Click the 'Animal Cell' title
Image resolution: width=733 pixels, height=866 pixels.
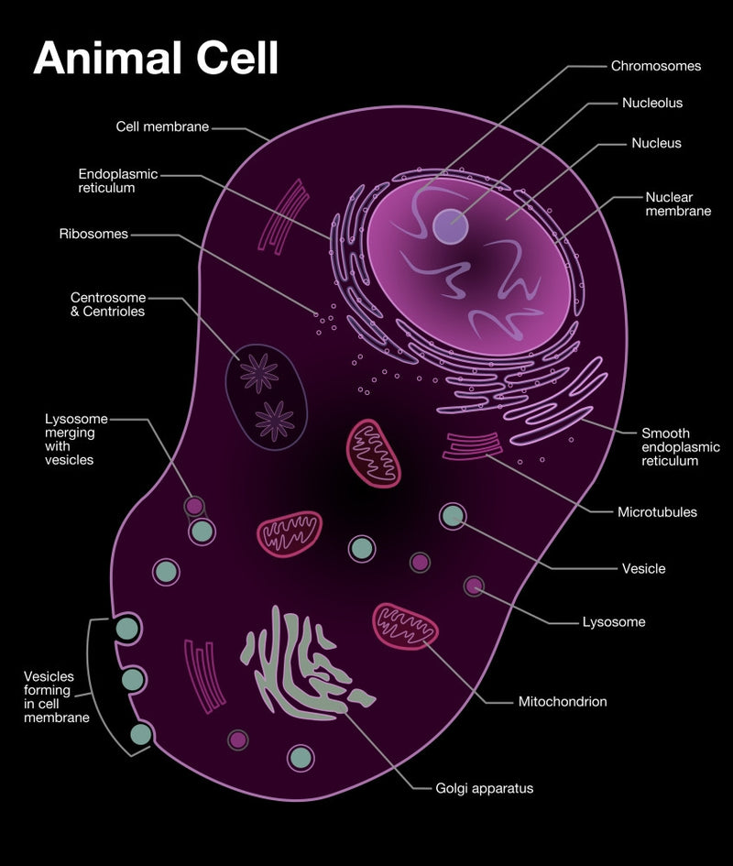click(x=156, y=58)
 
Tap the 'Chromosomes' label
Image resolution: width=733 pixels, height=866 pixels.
click(x=656, y=66)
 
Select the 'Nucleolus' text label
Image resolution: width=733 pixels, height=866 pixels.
click(x=652, y=103)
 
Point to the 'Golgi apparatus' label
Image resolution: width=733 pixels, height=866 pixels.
click(x=485, y=788)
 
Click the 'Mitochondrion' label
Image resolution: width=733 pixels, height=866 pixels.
click(x=563, y=701)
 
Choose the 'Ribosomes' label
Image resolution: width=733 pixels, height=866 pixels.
click(x=93, y=234)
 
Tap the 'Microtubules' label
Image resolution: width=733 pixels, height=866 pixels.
click(x=657, y=512)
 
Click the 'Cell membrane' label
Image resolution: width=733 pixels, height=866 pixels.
click(x=162, y=126)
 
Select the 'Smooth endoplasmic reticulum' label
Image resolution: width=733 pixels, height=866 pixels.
click(x=681, y=447)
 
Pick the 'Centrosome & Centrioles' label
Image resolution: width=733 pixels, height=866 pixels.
click(x=108, y=304)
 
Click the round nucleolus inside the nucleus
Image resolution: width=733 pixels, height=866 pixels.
click(x=450, y=225)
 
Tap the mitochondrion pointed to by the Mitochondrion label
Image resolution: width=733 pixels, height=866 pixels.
click(x=406, y=626)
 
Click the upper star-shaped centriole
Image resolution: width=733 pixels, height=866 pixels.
click(x=259, y=373)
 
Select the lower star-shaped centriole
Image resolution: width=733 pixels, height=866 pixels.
click(x=275, y=421)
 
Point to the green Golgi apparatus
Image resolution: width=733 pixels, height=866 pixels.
click(x=304, y=662)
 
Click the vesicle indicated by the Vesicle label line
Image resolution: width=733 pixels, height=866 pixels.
click(x=453, y=516)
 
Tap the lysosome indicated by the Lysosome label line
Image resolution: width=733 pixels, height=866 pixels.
click(x=474, y=586)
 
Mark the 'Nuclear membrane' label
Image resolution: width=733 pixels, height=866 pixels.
click(x=678, y=203)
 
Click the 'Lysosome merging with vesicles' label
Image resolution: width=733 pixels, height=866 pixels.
click(x=76, y=439)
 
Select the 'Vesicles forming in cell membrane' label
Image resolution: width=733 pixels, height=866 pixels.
click(x=56, y=697)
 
